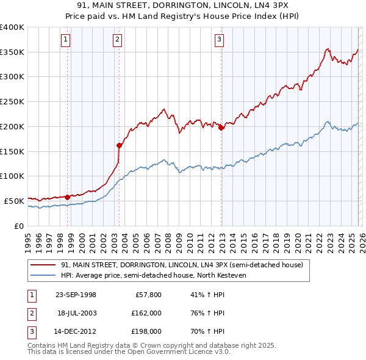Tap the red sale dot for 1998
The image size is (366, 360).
coord(67,196)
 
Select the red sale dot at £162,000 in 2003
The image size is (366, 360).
coord(119,145)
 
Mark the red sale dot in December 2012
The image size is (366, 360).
coord(221,128)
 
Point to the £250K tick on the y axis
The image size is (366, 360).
coord(12,102)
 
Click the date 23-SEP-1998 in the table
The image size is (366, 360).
coord(76,294)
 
